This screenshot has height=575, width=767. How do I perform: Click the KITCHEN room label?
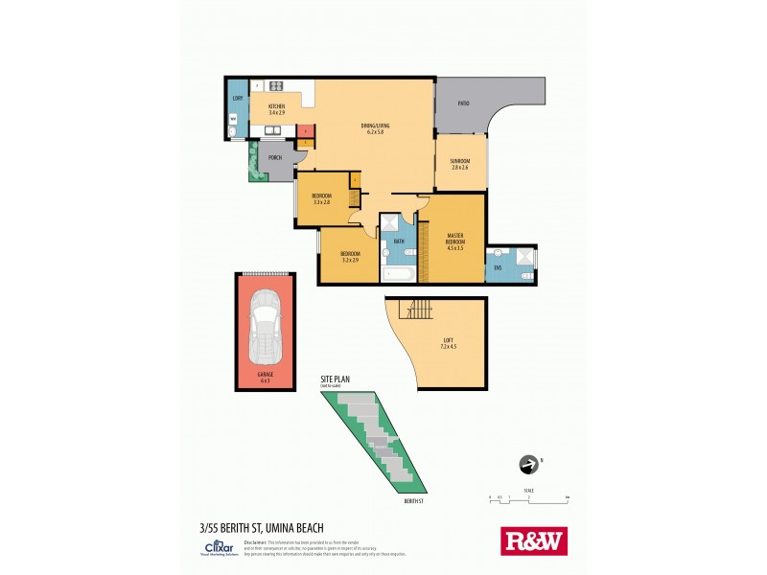click(x=277, y=107)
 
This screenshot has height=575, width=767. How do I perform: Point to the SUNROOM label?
click(x=460, y=162)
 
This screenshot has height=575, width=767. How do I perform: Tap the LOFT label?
click(x=448, y=344)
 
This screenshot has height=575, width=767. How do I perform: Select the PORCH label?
click(x=274, y=158)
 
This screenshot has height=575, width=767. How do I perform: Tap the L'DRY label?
click(x=236, y=99)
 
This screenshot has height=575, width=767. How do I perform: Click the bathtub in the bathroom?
click(x=398, y=275)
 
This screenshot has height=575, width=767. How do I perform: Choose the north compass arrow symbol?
click(x=526, y=465)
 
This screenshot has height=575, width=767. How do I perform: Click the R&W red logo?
click(x=534, y=540)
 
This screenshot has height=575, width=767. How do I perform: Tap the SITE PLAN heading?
click(x=337, y=380)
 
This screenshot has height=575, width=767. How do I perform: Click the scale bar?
click(x=528, y=496)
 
